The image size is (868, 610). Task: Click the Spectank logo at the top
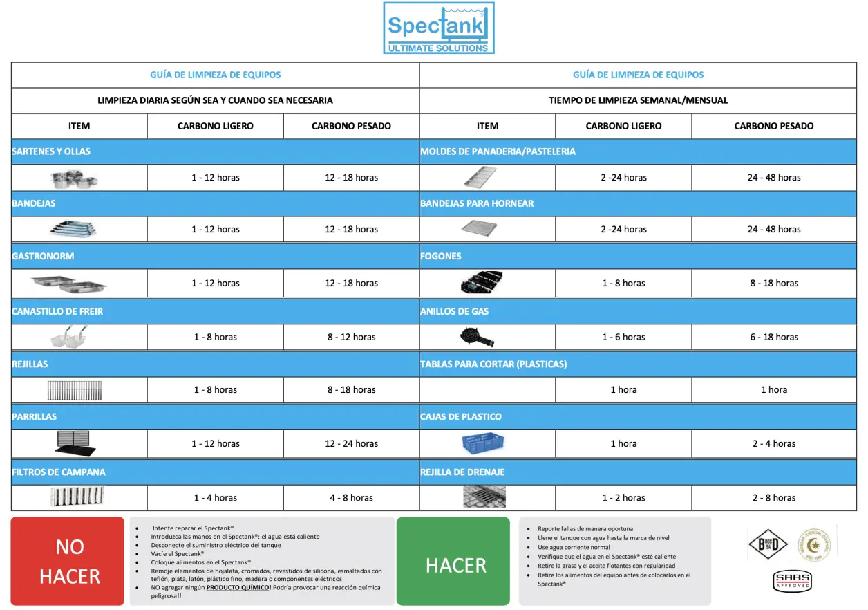click(x=439, y=28)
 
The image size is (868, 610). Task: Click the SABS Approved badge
click(x=792, y=581)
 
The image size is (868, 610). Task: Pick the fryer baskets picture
click(x=69, y=338)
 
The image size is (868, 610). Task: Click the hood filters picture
click(x=77, y=497)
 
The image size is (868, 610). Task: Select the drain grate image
click(x=484, y=497)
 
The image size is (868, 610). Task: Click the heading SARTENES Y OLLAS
click(x=51, y=151)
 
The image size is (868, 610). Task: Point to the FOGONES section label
click(x=441, y=256)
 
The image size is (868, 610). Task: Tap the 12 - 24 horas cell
click(x=351, y=443)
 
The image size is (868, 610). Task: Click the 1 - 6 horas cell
click(x=623, y=337)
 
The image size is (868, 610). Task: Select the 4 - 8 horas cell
click(x=351, y=497)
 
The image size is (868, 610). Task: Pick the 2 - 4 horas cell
click(x=773, y=443)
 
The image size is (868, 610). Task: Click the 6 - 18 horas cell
click(x=773, y=337)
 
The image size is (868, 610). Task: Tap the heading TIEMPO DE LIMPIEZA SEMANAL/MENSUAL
click(x=638, y=100)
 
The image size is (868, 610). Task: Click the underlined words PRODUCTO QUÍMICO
click(x=238, y=587)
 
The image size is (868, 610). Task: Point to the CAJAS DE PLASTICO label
click(x=461, y=416)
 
